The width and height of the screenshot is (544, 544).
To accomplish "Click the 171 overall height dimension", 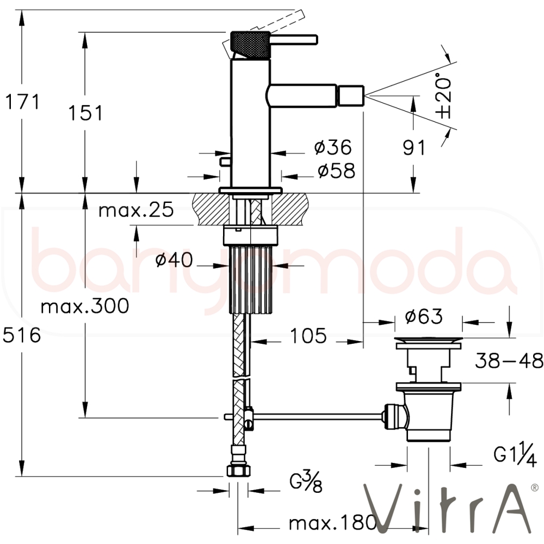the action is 22,102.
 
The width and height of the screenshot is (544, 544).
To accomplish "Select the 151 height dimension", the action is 86,113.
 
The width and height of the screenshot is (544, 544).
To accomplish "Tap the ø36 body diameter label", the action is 333,147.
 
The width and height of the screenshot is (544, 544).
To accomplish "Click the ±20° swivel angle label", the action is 444,95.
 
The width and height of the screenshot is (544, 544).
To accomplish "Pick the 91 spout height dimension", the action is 414,147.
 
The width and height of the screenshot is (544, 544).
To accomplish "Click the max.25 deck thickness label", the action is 136,210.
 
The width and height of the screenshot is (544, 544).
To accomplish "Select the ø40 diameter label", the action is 174,259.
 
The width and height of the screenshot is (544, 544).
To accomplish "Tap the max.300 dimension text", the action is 85,306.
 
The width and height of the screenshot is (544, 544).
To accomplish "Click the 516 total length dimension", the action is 22,336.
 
